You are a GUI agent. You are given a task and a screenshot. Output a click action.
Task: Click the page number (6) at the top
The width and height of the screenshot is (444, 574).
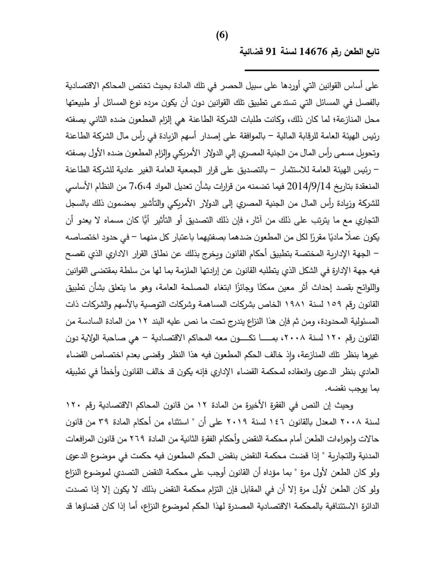(x=222, y=35)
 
